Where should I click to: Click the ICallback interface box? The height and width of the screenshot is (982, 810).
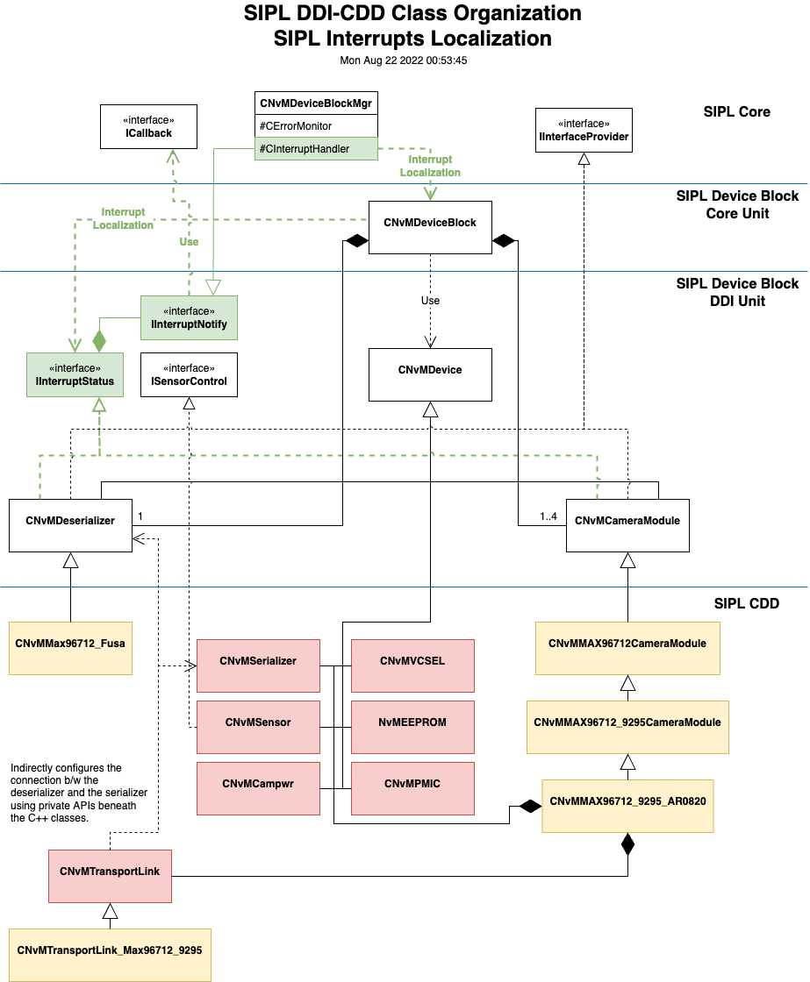click(147, 126)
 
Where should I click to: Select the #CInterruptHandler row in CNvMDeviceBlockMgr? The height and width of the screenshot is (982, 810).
click(316, 149)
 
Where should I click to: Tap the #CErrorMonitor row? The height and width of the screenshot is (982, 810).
click(316, 126)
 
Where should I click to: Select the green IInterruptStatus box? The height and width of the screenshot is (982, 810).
click(75, 374)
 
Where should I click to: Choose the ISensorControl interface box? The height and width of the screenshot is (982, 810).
click(189, 374)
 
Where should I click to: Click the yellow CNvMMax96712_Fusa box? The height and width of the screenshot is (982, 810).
click(70, 648)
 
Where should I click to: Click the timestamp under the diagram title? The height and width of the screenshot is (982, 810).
click(405, 60)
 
